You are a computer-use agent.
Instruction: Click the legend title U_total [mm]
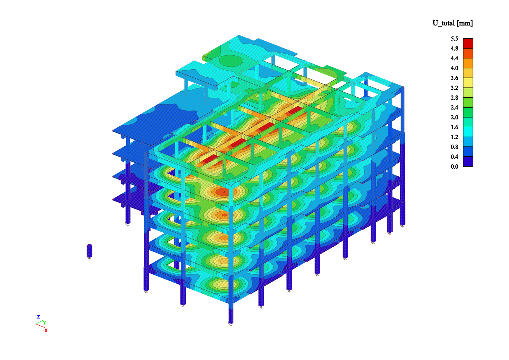452,23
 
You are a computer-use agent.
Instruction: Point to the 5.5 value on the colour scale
455,39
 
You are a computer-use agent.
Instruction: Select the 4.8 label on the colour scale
455,48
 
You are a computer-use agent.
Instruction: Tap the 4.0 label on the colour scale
455,68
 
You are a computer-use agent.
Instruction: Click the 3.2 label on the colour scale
455,88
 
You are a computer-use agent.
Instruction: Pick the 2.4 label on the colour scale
455,107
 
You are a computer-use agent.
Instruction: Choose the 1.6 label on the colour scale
455,127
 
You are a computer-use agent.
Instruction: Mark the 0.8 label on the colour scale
455,147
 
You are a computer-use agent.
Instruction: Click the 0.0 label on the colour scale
455,166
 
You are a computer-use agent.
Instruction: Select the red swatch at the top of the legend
468,43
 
